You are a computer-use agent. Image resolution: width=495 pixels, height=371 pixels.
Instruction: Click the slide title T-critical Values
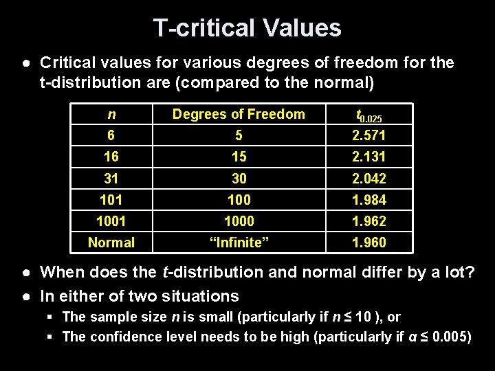click(247, 27)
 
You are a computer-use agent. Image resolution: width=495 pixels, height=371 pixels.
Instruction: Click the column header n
click(111, 115)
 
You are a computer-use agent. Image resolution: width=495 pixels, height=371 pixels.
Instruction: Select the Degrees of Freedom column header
click(239, 115)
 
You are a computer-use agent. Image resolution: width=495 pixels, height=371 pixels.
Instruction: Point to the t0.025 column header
click(368, 116)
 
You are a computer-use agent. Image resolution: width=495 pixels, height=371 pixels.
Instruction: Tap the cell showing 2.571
click(368, 135)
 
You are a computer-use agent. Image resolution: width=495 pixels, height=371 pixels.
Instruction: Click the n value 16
click(111, 157)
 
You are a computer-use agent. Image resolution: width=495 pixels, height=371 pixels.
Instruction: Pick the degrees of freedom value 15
click(239, 157)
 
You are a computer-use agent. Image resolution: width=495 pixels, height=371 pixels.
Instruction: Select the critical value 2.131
click(368, 157)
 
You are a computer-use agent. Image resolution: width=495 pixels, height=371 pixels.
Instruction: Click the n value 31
click(111, 179)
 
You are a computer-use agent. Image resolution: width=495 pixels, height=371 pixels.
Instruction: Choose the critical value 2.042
click(368, 179)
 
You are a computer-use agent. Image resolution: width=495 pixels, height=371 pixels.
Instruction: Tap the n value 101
click(111, 200)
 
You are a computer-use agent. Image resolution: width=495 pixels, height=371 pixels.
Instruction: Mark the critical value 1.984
click(368, 200)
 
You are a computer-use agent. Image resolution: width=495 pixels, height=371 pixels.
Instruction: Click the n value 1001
click(111, 221)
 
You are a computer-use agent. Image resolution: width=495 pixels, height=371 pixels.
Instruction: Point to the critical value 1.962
click(368, 221)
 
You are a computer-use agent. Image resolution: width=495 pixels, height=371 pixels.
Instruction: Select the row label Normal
click(111, 243)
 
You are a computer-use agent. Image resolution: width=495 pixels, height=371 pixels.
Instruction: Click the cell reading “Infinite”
click(239, 243)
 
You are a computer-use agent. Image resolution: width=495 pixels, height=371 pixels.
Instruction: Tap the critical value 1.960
click(368, 243)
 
